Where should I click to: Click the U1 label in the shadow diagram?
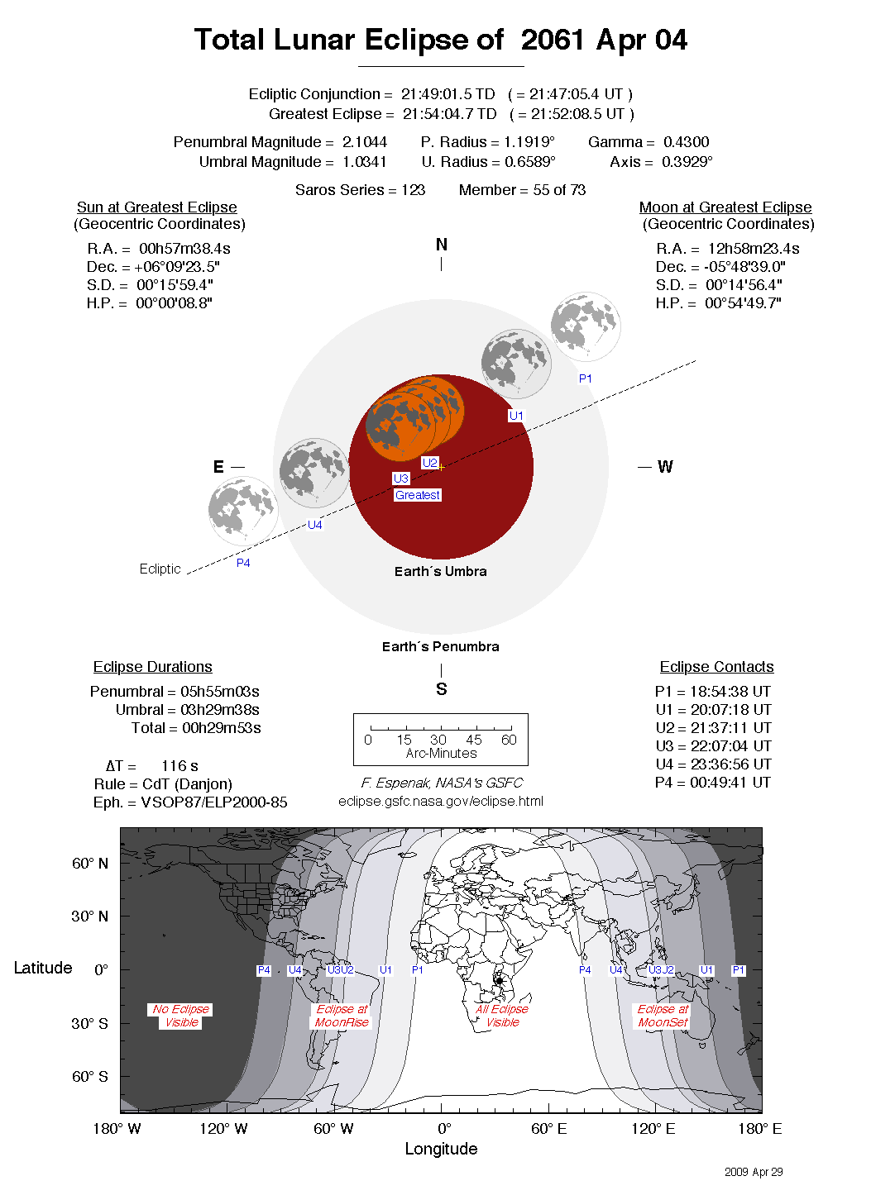pos(516,416)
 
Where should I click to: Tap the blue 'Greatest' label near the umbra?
pos(418,495)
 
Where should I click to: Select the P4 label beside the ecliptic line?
pos(243,563)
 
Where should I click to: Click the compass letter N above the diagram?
pos(442,245)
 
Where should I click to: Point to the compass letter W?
pos(665,467)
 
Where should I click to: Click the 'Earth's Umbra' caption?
pos(440,571)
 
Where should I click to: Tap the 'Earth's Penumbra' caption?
pos(440,646)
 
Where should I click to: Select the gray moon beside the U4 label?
pos(314,473)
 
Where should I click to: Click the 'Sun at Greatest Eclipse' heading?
pos(157,207)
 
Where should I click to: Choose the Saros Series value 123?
pos(413,190)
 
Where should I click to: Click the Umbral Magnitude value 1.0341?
pos(364,162)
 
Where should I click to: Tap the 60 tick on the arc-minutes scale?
pos(509,740)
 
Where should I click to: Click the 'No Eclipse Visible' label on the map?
pos(181,1016)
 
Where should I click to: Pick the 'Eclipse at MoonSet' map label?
pos(663,1016)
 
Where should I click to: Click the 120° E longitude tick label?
pos(653,1129)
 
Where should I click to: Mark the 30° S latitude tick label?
pos(89,1023)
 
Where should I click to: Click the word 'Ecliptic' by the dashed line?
pos(160,569)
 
